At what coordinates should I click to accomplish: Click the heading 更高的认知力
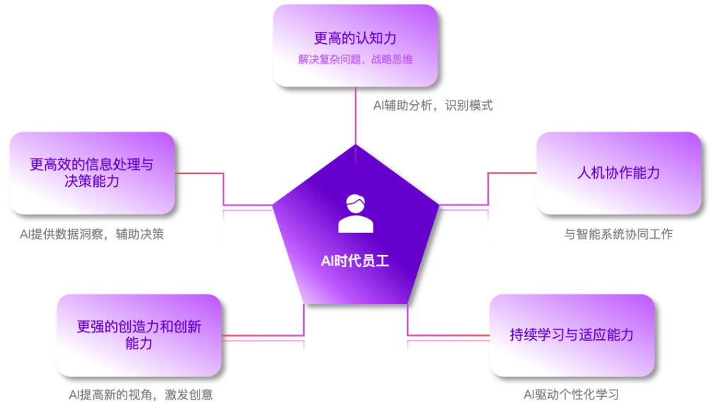coord(355,38)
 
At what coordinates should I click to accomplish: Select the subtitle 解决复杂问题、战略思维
coord(355,59)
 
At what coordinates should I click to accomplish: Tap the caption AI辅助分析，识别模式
coord(433,106)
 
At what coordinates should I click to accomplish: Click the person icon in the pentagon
coord(355,212)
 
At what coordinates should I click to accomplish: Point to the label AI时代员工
coord(355,261)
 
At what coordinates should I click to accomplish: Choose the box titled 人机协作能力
coord(618,173)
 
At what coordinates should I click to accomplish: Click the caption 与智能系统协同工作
coord(618,234)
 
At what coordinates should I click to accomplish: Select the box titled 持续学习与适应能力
coord(572,335)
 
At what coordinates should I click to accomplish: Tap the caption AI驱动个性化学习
coord(572,395)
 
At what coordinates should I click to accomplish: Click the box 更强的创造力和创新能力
coord(139,335)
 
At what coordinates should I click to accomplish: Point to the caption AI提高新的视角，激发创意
coord(141,395)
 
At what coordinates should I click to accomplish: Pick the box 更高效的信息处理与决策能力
coord(91,173)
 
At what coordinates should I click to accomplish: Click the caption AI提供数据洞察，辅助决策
coord(91,234)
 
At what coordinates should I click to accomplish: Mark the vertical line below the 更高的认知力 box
coord(355,117)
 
